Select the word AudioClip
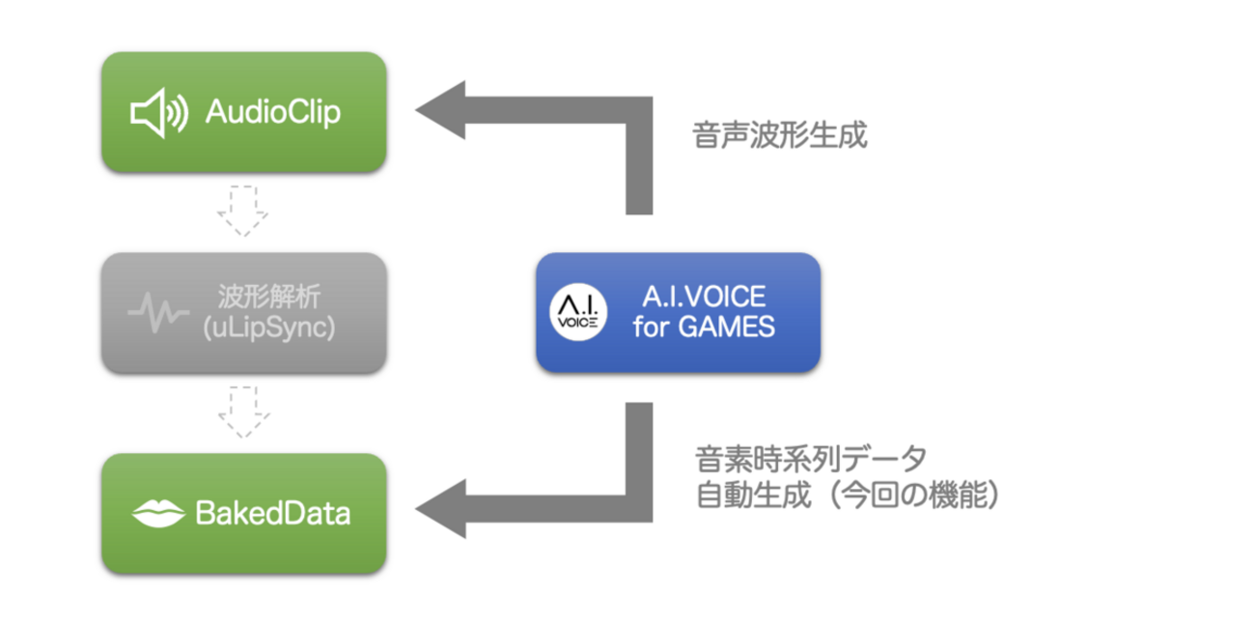point(273,114)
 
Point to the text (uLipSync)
point(269,328)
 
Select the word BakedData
point(273,513)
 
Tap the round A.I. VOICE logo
point(578,313)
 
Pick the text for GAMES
point(703,328)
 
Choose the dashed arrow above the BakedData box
point(243,411)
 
